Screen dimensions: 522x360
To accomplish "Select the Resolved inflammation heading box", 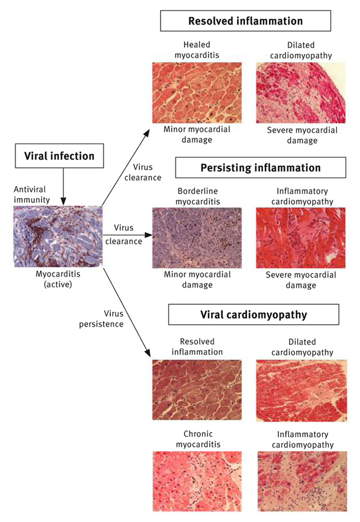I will (x=245, y=21).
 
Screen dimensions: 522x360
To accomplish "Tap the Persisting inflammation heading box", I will (x=260, y=168).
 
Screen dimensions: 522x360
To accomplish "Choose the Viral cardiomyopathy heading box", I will (x=254, y=315).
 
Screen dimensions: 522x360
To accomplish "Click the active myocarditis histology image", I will (x=58, y=236).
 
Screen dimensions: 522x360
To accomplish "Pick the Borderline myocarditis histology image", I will (x=197, y=238).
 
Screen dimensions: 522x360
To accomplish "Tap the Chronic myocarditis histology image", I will (x=197, y=481).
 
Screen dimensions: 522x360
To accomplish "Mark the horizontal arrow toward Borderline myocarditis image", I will (x=128, y=235).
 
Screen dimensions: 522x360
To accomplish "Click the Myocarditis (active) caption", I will (x=58, y=280).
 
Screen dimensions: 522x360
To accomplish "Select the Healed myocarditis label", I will (x=197, y=50).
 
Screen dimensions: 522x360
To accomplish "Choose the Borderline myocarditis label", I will (x=197, y=196).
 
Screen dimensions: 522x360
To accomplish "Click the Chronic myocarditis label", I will (x=197, y=439).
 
